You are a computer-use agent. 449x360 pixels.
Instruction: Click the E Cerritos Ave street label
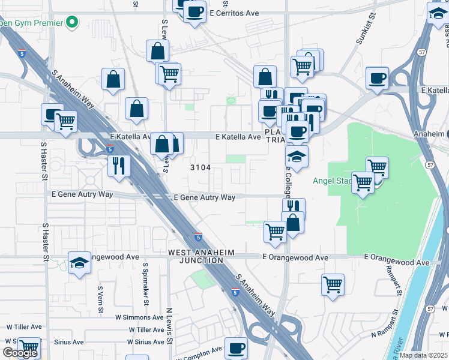234,12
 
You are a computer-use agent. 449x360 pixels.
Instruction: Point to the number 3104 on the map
200,167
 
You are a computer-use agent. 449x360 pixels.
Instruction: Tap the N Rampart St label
384,325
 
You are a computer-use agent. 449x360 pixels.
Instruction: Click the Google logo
20,353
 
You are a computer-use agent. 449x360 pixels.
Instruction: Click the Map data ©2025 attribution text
423,355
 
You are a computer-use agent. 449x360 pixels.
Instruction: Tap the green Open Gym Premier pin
73,23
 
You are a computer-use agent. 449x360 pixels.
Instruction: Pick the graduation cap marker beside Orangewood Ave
79,263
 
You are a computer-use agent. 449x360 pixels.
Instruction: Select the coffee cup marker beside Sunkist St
377,79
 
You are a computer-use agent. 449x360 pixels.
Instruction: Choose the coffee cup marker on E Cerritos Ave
194,11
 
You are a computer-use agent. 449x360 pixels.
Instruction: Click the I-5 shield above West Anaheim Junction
198,236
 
